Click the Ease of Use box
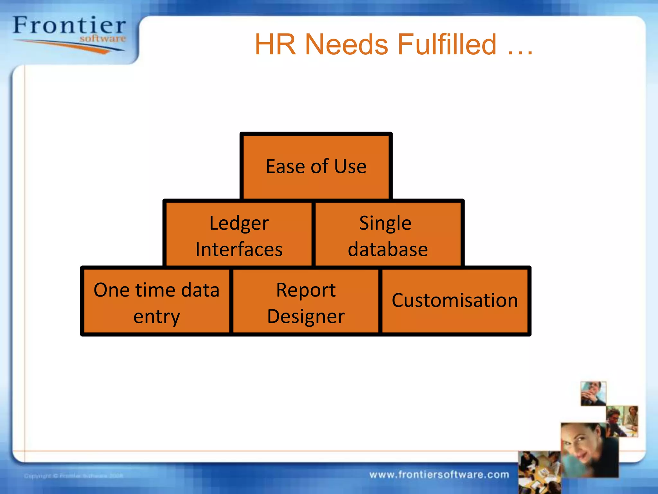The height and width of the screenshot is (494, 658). tap(316, 166)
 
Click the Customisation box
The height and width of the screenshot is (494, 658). tap(455, 301)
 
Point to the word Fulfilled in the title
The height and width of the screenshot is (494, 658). tap(447, 45)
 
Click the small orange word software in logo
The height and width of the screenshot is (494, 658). tap(102, 39)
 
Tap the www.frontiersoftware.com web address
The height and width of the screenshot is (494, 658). tap(439, 474)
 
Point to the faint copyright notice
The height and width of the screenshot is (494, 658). tap(74, 476)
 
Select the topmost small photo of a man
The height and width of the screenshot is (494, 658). tap(593, 393)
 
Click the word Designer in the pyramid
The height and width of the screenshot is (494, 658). tap(306, 316)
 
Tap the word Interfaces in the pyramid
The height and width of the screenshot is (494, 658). tap(239, 249)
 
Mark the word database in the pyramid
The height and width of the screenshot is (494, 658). tap(388, 249)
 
